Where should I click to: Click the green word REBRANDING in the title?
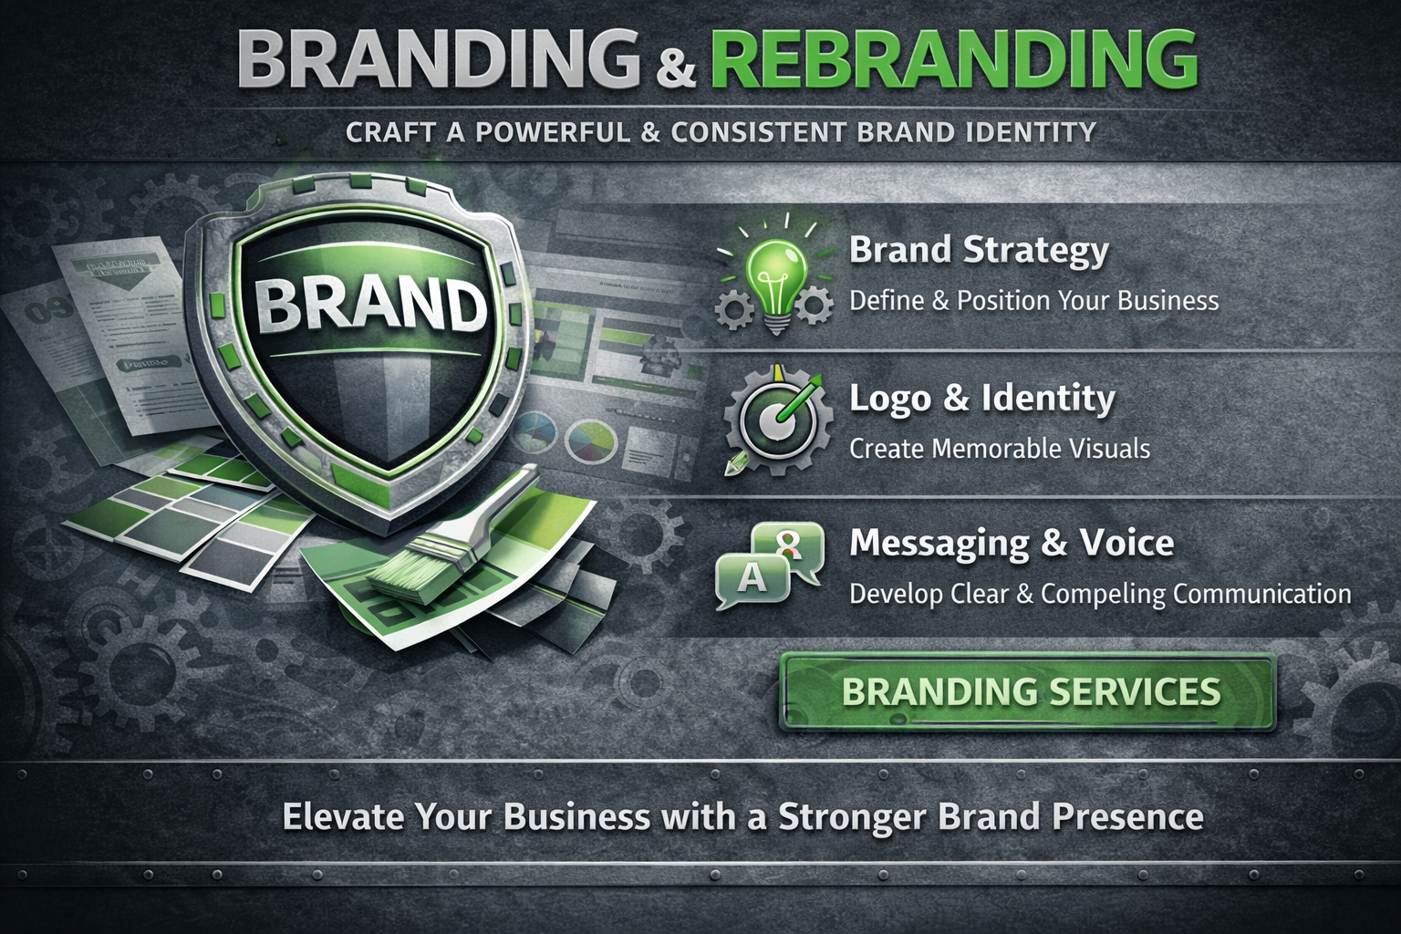tap(953, 60)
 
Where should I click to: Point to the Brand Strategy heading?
tap(979, 250)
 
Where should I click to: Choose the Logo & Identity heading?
tap(981, 399)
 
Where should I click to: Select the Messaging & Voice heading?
tap(1011, 544)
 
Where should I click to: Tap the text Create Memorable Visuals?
tap(999, 449)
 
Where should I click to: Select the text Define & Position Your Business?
tap(1033, 301)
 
